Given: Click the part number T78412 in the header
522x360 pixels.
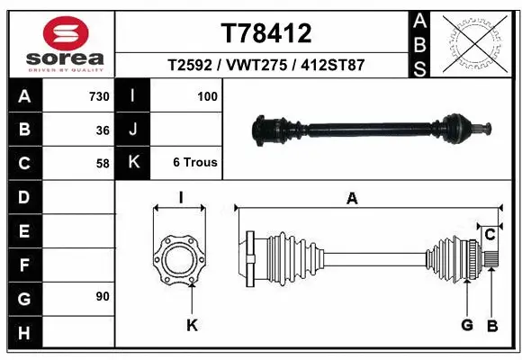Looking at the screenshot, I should [265, 34].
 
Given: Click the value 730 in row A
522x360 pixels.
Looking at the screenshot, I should [98, 96].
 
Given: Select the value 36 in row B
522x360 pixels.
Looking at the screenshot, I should [103, 130].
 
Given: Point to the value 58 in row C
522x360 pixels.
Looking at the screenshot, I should [103, 163].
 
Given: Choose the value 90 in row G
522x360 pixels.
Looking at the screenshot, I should [102, 296].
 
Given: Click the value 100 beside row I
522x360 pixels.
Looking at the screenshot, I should [207, 96].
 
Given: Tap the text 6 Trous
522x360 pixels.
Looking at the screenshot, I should [194, 163].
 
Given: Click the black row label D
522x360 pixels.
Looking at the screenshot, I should [24, 196].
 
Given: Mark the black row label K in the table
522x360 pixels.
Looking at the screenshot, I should [133, 163].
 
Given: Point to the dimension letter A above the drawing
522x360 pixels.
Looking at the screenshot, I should [352, 200].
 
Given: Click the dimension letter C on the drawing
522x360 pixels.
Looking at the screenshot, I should [490, 235].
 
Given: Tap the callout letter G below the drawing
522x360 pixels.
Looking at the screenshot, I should [467, 324].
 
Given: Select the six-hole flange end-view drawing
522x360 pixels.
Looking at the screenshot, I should [179, 262].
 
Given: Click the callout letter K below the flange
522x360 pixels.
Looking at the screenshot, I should [192, 324].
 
